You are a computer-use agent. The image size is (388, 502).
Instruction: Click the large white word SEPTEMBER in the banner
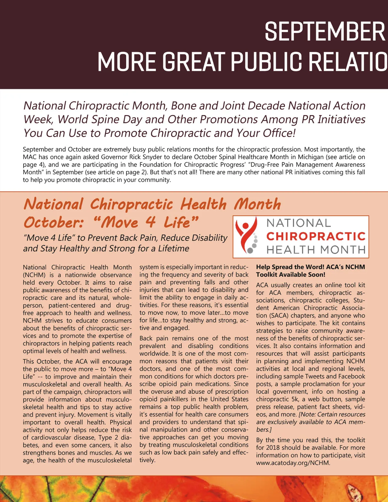(x=325, y=32)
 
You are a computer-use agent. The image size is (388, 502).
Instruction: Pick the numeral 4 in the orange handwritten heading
(x=151, y=222)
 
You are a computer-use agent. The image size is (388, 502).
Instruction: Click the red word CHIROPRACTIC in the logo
(x=316, y=236)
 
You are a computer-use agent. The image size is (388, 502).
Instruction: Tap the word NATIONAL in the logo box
(x=299, y=223)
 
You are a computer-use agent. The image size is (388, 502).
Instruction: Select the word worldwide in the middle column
(x=155, y=353)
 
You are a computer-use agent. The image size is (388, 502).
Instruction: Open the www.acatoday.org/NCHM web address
(x=293, y=463)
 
